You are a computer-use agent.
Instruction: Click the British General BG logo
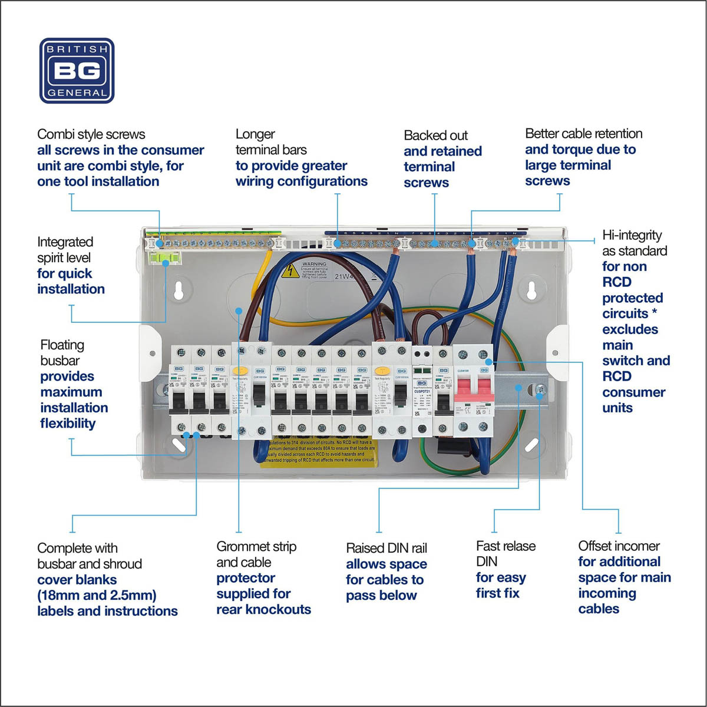pos(77,71)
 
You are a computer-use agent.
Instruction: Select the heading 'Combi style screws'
pos(91,134)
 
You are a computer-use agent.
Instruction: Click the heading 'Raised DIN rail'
pos(386,549)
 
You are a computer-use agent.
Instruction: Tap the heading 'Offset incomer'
pos(619,546)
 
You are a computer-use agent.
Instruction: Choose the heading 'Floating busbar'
pos(62,352)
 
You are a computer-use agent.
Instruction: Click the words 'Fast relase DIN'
pos(506,554)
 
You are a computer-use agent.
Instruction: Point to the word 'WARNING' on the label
pos(313,265)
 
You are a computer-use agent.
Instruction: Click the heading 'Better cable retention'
pos(583,134)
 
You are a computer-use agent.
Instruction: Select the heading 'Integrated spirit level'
pos(65,250)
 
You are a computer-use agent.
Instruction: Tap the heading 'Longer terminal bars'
pos(271,142)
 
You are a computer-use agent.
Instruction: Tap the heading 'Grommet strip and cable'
pos(256,554)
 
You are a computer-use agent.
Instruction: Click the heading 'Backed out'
pos(435,136)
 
